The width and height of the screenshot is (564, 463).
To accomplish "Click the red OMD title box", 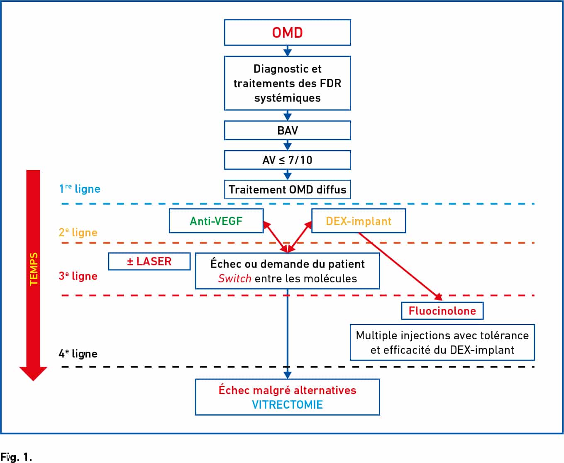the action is [288, 32].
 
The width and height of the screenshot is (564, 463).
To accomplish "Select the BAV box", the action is [288, 130].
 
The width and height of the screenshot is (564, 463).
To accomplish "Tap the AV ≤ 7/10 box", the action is [288, 160].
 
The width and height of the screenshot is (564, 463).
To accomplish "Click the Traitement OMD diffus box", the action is [288, 189].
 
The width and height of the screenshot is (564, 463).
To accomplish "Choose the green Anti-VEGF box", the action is [216, 221].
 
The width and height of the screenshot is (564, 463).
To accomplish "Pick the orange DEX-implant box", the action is [359, 221].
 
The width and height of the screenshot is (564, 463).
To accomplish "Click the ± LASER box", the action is [149, 261].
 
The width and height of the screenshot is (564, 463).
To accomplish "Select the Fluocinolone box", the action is [442, 311].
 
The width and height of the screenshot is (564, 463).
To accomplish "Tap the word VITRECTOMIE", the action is [288, 404].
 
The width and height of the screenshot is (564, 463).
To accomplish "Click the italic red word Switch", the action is [234, 279].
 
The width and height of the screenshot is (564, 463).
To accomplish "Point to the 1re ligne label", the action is [80, 189].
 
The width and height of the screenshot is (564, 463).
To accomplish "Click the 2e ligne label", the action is [78, 232].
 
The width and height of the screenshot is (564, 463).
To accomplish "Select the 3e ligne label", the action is [78, 276].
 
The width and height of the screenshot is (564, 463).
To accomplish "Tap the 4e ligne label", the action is [78, 353].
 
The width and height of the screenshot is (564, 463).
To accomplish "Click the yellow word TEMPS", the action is [34, 269].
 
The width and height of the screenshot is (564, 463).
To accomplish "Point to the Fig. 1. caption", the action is [16, 457].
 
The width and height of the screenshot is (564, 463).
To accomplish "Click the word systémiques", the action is [288, 98].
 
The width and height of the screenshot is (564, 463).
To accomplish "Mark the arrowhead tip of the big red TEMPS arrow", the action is [33, 381].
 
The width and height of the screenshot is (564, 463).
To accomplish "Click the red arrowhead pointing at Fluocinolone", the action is [439, 297].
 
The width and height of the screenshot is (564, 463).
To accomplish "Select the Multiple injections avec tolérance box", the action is [442, 342].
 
